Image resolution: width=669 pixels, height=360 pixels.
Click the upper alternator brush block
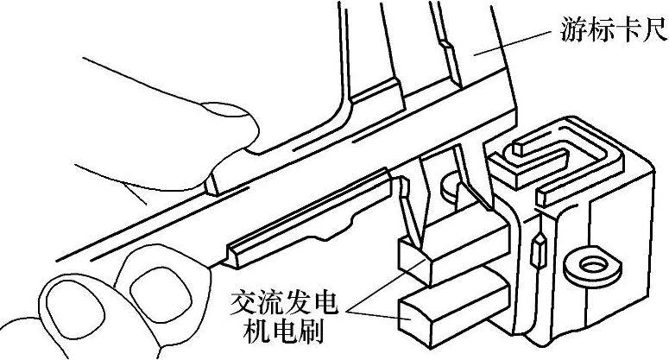(x=449, y=250)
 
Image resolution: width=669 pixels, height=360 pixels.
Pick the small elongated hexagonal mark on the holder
(x=540, y=249)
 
